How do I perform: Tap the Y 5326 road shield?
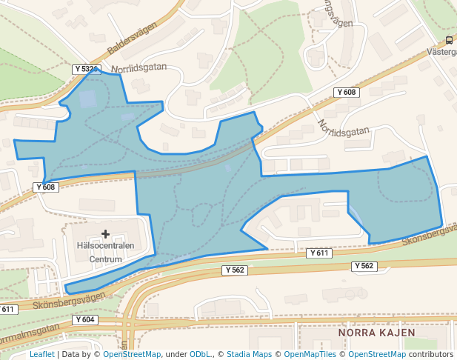[87, 69]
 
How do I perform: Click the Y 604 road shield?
[85, 320]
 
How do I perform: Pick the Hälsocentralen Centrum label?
[105, 253]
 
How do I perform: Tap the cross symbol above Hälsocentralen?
[105, 234]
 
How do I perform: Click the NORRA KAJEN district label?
[373, 333]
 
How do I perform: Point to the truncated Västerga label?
[442, 53]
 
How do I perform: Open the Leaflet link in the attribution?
[41, 355]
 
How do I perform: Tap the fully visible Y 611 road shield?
[318, 253]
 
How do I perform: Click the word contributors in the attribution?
[431, 355]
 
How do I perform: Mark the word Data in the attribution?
[72, 355]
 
